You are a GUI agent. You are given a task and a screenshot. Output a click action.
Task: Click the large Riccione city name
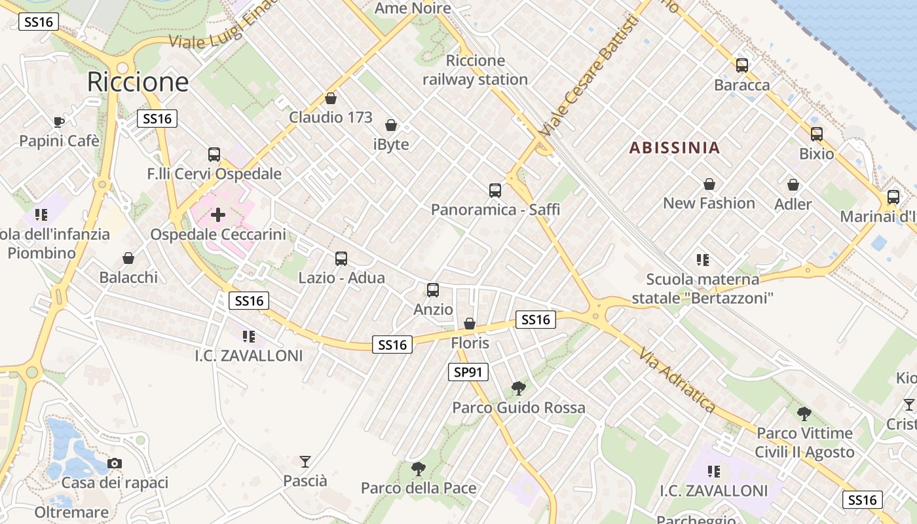138,82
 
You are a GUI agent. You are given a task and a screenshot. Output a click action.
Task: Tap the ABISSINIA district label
675,147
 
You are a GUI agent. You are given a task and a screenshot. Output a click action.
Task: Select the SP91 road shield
468,373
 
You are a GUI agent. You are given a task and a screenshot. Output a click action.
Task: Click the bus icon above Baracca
741,65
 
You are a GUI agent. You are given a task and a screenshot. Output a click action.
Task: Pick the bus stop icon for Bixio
816,134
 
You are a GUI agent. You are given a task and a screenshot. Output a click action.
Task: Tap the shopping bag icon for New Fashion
709,184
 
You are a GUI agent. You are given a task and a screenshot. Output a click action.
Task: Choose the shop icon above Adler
793,185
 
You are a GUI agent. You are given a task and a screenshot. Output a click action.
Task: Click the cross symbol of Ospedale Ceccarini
217,215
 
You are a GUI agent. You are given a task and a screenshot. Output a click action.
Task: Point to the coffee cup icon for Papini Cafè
59,122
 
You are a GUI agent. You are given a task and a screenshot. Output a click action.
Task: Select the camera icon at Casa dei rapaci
115,463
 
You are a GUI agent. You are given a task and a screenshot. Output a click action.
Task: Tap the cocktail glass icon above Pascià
305,461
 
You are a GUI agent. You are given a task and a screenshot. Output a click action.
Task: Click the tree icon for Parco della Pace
418,468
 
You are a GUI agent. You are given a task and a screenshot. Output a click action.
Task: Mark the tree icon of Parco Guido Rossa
518,388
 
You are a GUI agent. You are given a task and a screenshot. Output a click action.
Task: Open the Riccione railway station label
475,70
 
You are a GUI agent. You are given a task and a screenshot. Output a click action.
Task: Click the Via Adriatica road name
677,380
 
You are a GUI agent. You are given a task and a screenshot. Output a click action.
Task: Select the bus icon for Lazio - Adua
341,258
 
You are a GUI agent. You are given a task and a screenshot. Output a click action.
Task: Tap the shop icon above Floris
470,324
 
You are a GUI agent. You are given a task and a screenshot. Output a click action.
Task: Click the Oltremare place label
71,512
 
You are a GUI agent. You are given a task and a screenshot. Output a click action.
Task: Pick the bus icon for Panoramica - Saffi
495,191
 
